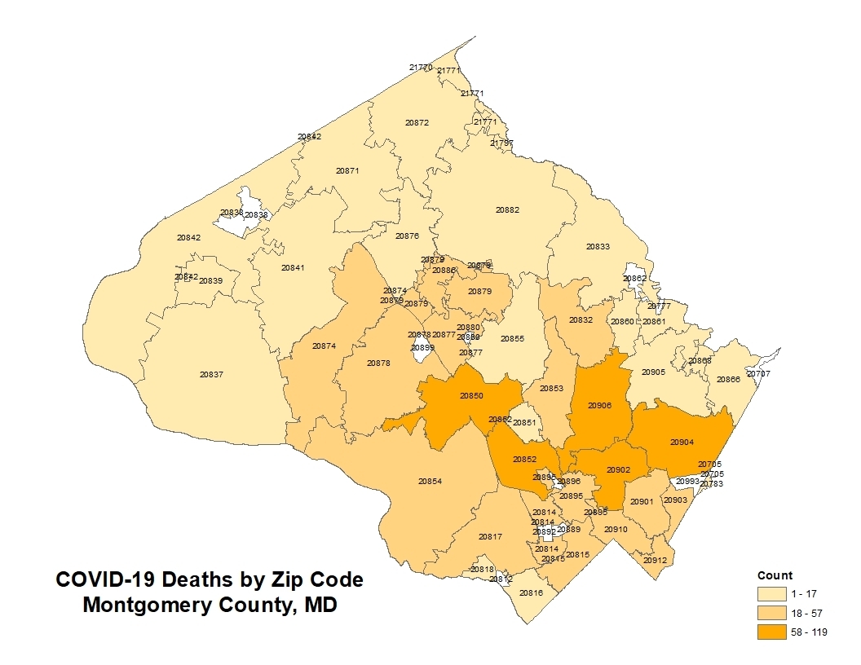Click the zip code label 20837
[211, 375]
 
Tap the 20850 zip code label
[471, 395]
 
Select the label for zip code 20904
[682, 442]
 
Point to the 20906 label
[599, 405]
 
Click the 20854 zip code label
[430, 482]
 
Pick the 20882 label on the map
[507, 210]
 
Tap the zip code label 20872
[417, 123]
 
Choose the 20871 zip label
[347, 171]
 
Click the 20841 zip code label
[293, 268]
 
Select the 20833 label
[598, 247]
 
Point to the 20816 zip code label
[531, 592]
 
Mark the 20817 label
[490, 537]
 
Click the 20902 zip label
[619, 470]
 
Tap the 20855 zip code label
[512, 338]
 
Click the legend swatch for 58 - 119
[772, 632]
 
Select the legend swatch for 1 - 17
[772, 593]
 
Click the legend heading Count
[775, 575]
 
